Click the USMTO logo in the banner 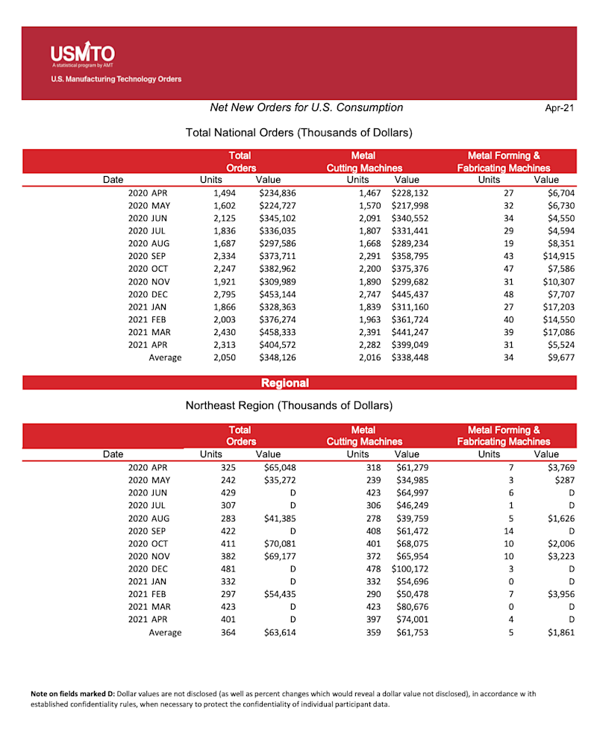81,54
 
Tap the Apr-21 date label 559,108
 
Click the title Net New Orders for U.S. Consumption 306,107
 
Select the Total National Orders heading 298,133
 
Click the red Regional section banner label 285,383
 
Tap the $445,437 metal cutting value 410,294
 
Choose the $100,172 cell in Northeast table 410,569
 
